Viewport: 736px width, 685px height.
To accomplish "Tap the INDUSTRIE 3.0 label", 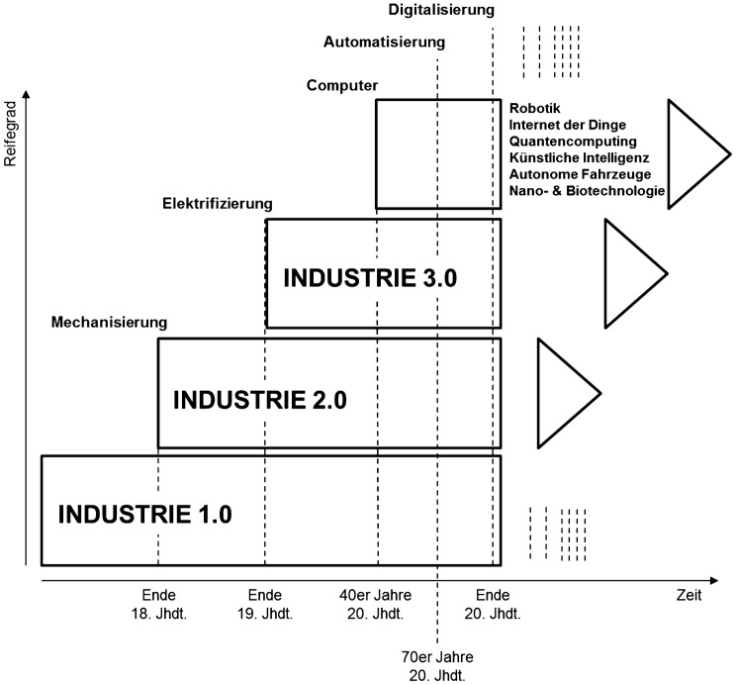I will [x=370, y=278].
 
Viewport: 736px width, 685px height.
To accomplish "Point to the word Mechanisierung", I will [x=110, y=323].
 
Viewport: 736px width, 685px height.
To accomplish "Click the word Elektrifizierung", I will [x=218, y=204].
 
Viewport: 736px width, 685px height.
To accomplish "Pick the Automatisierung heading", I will [x=385, y=43].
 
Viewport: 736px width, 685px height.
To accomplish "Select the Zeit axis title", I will [x=690, y=596].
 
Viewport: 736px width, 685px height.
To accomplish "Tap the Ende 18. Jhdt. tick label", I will [x=158, y=603].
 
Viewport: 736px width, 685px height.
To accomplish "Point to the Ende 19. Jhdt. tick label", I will [x=265, y=603].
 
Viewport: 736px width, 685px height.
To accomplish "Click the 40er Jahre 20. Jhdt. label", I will [x=376, y=603].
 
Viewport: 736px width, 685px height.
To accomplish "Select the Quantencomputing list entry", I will [x=573, y=142].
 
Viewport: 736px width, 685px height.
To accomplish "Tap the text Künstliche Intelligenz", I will [x=578, y=157].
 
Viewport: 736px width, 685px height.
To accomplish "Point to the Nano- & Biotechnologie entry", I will [x=588, y=191].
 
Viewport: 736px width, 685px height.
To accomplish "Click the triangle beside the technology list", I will [x=692, y=153].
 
